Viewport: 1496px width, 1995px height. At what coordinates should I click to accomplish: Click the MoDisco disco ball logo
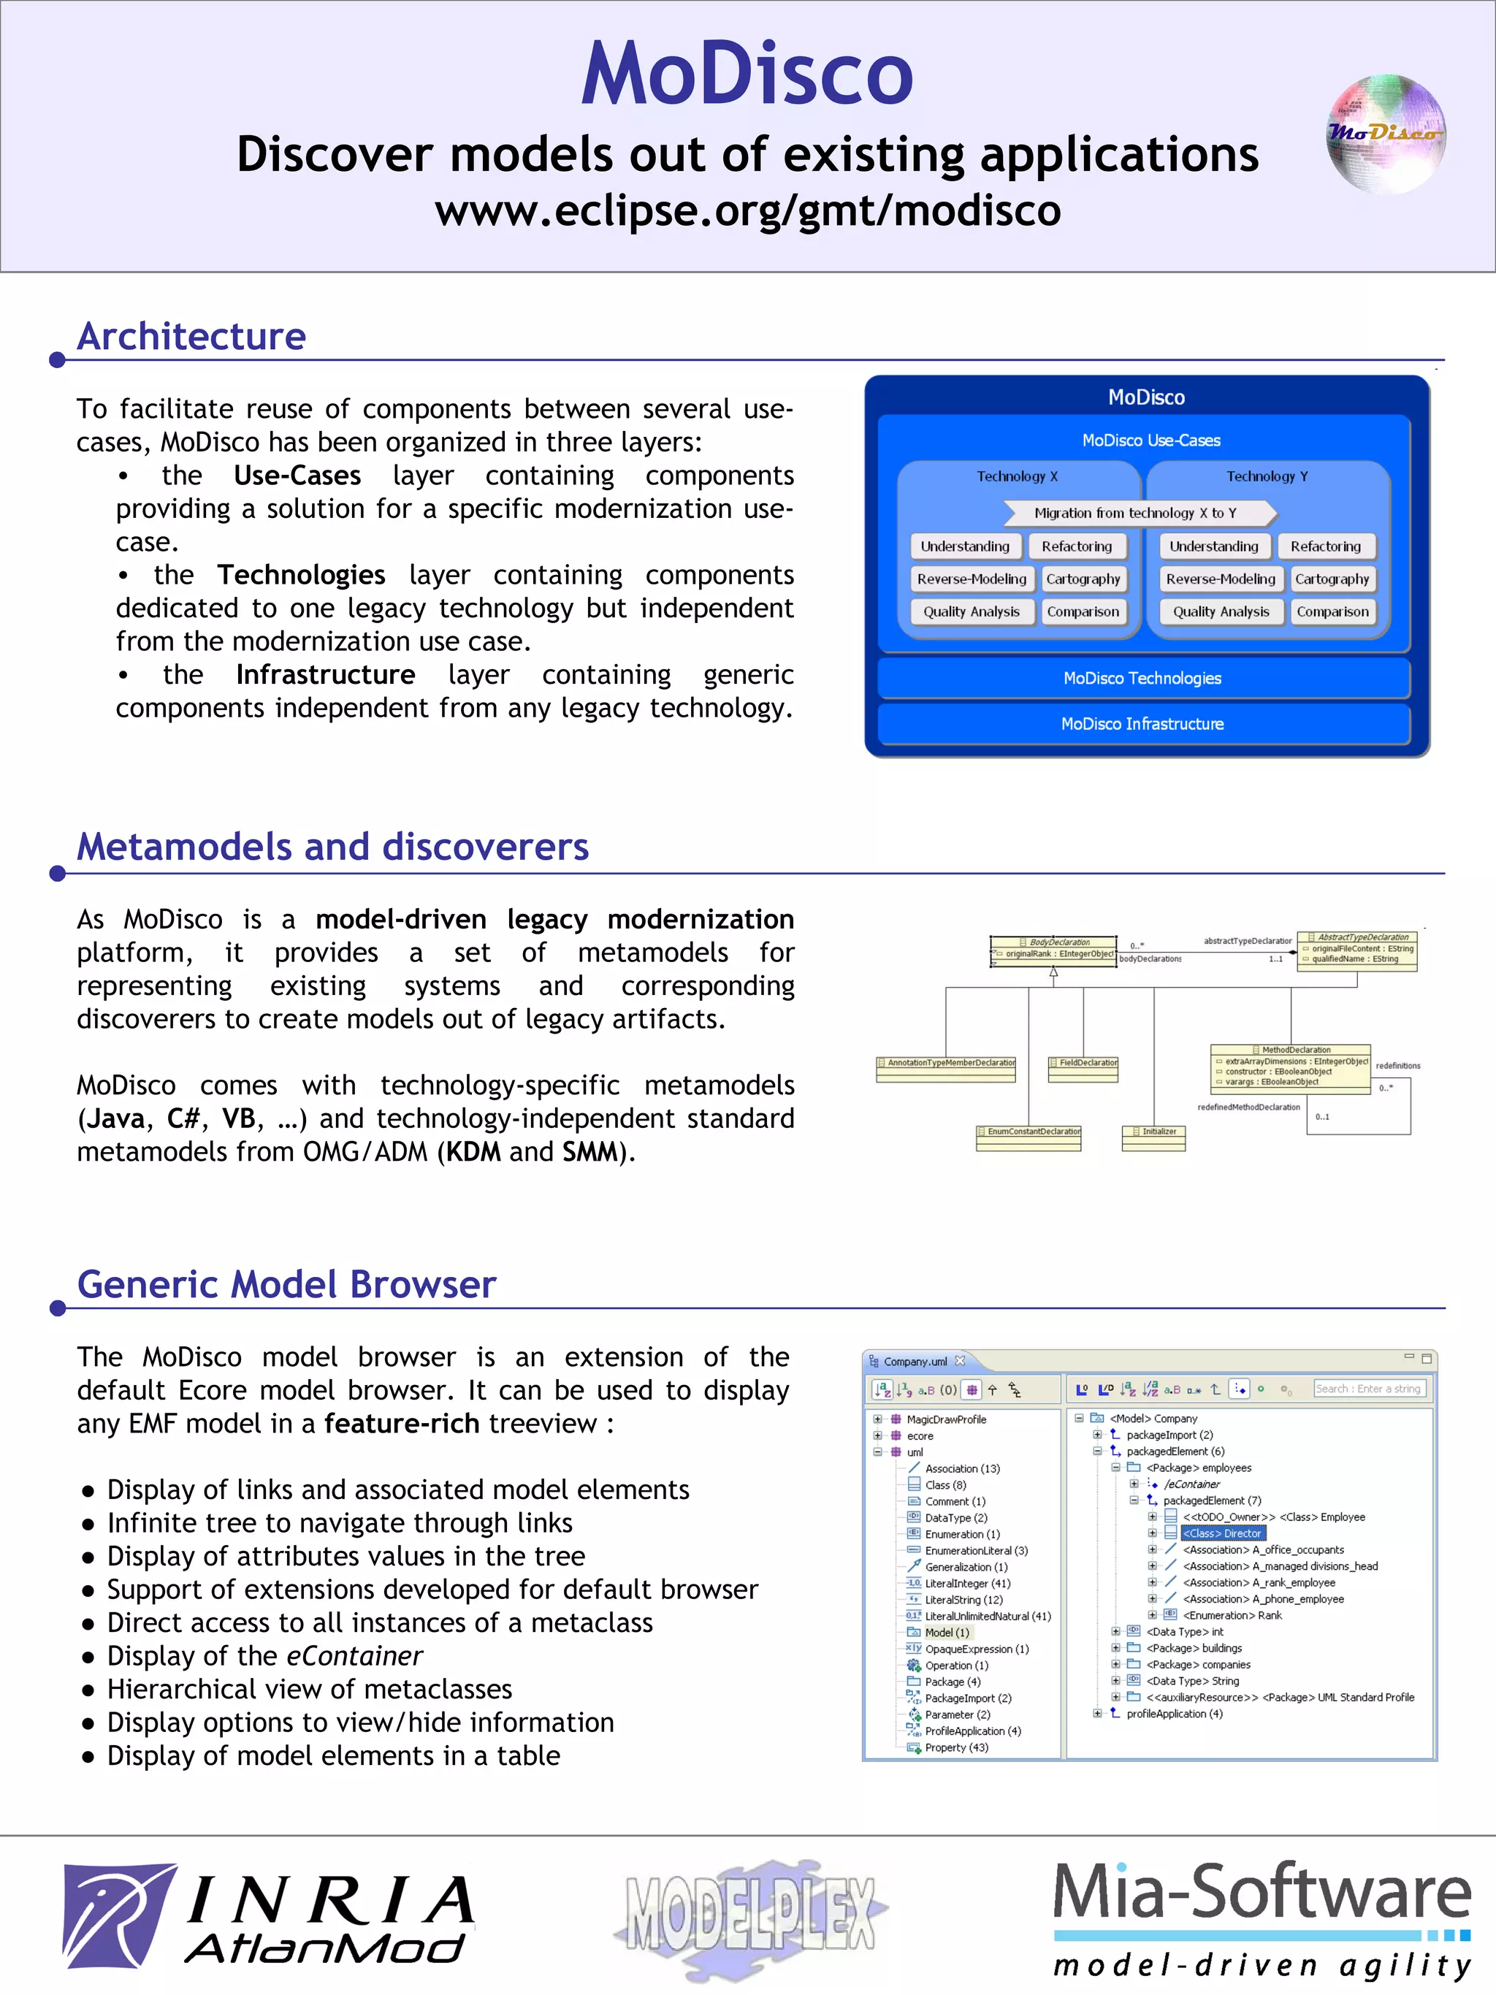click(x=1386, y=134)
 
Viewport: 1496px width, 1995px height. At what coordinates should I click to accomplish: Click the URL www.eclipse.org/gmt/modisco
click(x=747, y=211)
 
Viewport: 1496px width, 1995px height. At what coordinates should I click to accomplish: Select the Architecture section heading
click(x=191, y=337)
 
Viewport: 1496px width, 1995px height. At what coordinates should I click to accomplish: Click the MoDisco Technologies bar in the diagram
click(x=1142, y=678)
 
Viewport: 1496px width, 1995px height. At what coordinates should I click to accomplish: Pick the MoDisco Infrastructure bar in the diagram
click(x=1142, y=724)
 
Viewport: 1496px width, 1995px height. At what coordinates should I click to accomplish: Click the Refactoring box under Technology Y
click(x=1324, y=546)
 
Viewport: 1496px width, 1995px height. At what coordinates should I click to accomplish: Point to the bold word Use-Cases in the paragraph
click(x=297, y=476)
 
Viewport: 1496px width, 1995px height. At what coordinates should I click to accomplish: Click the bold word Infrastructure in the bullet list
click(x=326, y=675)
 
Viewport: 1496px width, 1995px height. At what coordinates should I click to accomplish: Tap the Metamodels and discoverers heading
click(x=333, y=847)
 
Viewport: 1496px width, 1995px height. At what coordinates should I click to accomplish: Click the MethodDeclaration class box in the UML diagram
click(x=1291, y=1069)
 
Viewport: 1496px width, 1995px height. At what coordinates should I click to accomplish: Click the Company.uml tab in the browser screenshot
click(x=915, y=1361)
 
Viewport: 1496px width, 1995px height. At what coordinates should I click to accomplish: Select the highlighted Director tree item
click(x=1223, y=1533)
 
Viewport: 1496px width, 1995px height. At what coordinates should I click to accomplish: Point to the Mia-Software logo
click(x=1262, y=1918)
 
